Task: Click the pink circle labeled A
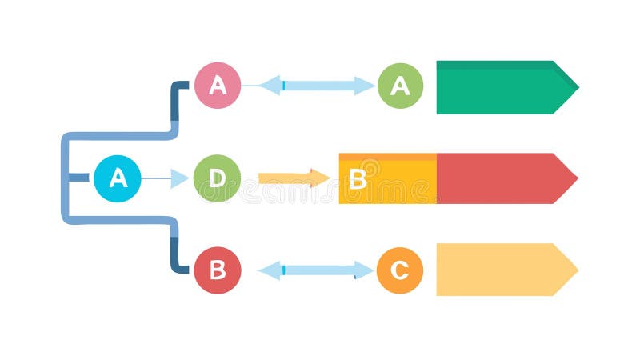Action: point(218,85)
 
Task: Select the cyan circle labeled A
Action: point(118,178)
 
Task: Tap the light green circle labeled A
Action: point(400,86)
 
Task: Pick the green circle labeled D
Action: point(217,178)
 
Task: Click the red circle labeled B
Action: point(217,270)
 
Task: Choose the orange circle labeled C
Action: point(399,270)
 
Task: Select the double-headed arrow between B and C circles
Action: point(315,270)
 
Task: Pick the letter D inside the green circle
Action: point(217,178)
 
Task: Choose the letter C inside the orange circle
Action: point(399,270)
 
